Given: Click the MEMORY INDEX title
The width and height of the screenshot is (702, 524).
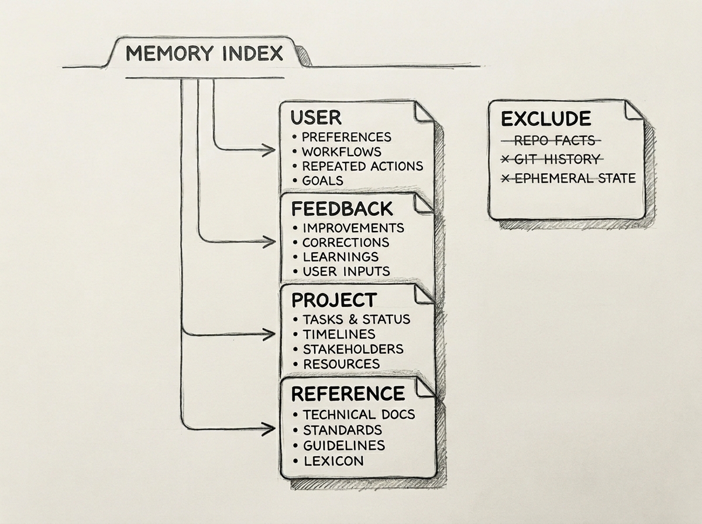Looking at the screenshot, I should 204,54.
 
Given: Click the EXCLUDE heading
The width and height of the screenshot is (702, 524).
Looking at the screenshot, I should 545,119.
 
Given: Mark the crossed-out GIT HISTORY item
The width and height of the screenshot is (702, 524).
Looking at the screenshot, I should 555,159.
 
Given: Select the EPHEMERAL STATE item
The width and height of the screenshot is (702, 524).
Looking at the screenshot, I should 573,178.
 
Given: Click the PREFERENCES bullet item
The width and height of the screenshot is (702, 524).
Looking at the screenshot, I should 346,137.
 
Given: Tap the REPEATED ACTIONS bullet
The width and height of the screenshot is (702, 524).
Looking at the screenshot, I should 362,166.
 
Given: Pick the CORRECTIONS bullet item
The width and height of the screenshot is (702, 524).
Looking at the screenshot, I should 345,242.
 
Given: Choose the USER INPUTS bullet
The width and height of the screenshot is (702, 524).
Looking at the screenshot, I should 346,271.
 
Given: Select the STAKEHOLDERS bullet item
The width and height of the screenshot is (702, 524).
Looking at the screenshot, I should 352,349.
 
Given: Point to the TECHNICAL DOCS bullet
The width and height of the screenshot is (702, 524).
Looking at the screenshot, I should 358,415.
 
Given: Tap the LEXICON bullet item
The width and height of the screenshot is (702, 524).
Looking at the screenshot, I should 332,461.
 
